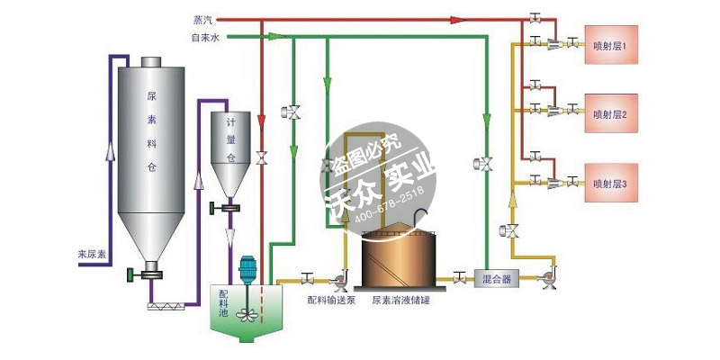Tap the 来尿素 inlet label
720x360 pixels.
(x=93, y=255)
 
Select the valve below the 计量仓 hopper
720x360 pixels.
(x=230, y=209)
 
